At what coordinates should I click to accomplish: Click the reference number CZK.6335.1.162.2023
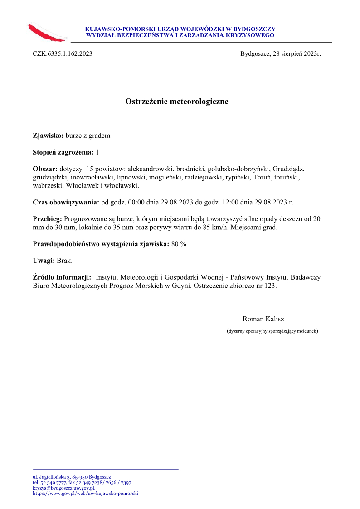point(63,54)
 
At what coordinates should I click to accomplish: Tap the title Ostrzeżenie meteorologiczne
point(177,102)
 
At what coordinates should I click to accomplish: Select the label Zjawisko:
point(49,135)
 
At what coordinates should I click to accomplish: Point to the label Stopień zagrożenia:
point(63,152)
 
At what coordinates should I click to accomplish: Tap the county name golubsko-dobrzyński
point(238,169)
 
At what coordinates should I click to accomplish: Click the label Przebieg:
point(48,219)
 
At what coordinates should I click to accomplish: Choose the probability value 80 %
point(179,244)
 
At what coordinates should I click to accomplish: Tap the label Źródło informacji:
point(62,277)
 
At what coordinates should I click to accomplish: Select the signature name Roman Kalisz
point(263,319)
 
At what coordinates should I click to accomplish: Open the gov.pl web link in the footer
point(85,494)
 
